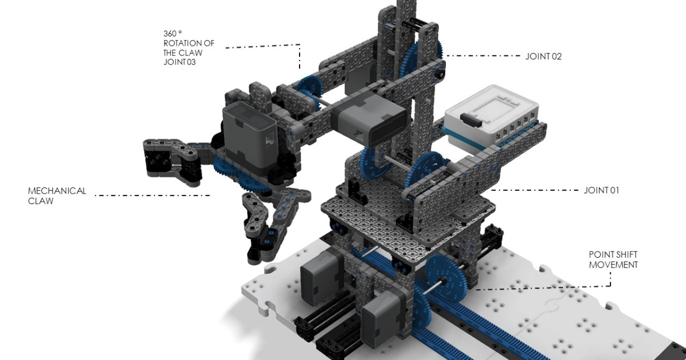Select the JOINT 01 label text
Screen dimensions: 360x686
(x=601, y=190)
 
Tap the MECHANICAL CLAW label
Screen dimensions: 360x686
(x=57, y=195)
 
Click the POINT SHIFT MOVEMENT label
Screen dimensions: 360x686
(x=613, y=260)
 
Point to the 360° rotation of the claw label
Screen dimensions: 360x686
(x=183, y=48)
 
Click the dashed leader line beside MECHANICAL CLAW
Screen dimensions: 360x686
(x=152, y=196)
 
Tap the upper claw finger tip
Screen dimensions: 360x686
(x=154, y=157)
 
